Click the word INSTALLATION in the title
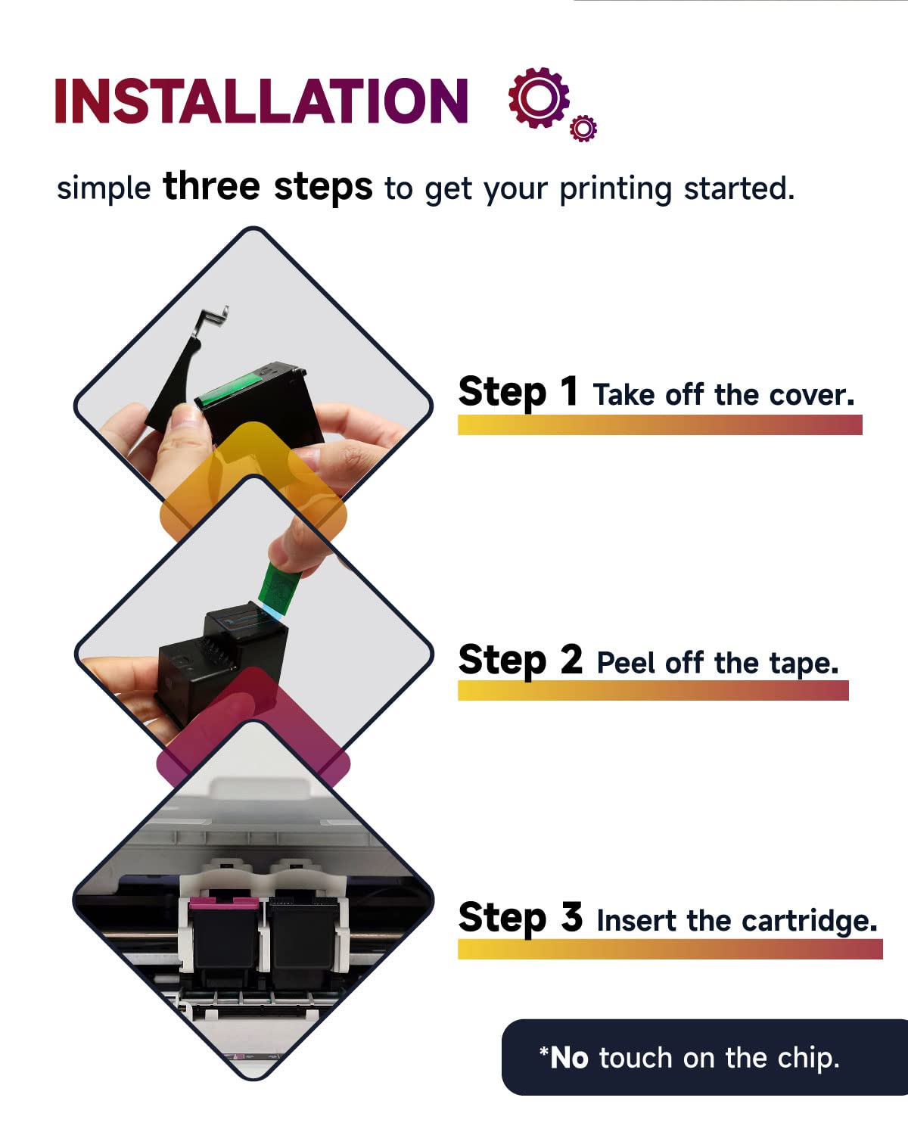coord(261,101)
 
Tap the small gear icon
coord(583,128)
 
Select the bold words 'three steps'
coord(268,187)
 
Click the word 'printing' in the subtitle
coord(615,189)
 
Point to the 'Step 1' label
coord(518,392)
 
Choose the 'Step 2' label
coord(521,660)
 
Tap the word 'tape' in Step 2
coord(804,664)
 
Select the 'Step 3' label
coord(521,918)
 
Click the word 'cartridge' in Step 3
coord(810,922)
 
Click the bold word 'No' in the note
coord(569,1059)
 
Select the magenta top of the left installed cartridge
coord(224,903)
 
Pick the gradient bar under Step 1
coord(660,425)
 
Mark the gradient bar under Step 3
coord(670,950)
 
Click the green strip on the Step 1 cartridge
coord(229,389)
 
